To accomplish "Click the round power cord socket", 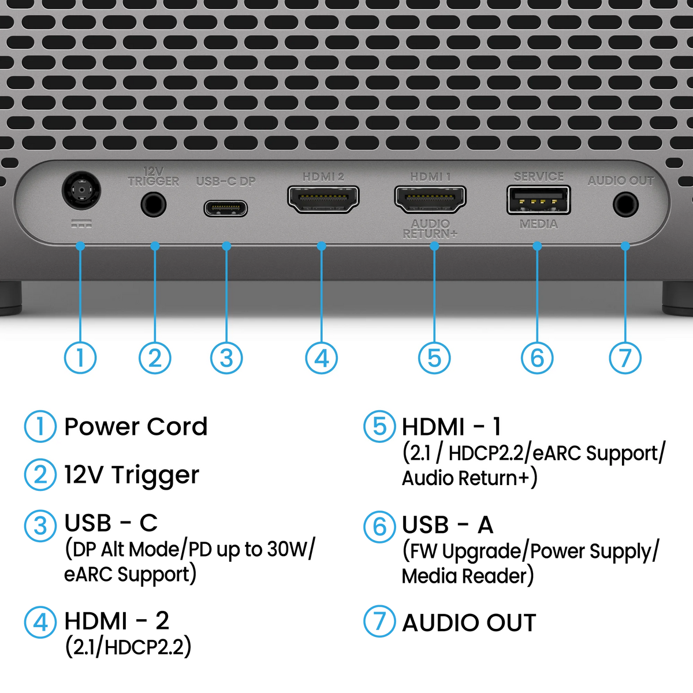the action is [81, 190].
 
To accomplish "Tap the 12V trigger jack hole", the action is [154, 204].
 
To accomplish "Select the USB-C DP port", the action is [225, 208].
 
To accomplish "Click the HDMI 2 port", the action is [323, 199].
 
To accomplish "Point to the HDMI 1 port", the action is [430, 199].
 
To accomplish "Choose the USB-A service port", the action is [538, 200].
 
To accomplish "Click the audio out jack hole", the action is [626, 204].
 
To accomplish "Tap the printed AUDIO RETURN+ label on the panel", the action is [430, 229].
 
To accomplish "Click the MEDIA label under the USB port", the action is [539, 225].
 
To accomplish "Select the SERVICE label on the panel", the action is [539, 177].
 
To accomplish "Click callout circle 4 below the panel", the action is [322, 358].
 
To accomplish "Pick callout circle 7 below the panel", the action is [625, 358].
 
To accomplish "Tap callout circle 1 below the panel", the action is [80, 358].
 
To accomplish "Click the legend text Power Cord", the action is [136, 427].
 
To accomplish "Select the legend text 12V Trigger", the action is [132, 475].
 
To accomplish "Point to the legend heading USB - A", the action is [448, 525].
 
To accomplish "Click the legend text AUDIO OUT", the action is [469, 623].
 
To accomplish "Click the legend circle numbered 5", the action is [380, 427].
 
